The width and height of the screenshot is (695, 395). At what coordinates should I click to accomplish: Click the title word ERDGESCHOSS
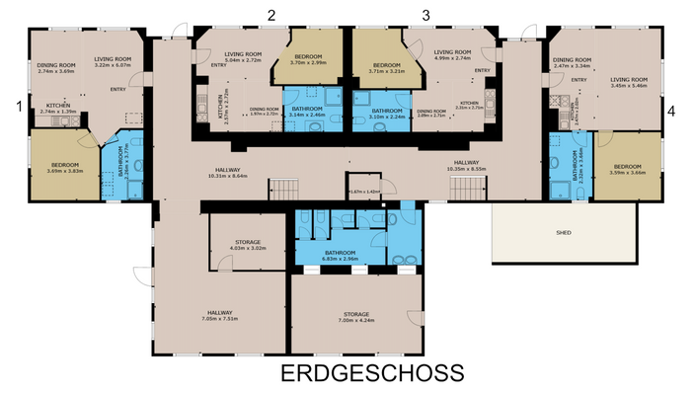tap(372, 373)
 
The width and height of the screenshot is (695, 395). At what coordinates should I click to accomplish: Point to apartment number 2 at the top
tap(270, 14)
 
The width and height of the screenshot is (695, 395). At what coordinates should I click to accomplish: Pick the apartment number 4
tap(670, 112)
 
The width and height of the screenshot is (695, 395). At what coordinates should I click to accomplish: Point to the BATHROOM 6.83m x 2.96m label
tap(340, 255)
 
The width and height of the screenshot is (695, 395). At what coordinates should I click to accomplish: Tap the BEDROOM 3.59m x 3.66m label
tap(628, 170)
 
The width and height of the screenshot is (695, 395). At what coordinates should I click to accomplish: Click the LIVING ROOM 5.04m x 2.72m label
tap(242, 56)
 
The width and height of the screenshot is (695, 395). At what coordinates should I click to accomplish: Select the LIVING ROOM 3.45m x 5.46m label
tap(628, 82)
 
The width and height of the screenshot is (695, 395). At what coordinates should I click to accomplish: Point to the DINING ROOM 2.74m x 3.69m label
tap(55, 68)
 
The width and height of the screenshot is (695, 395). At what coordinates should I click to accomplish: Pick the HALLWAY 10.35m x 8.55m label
tap(466, 165)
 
